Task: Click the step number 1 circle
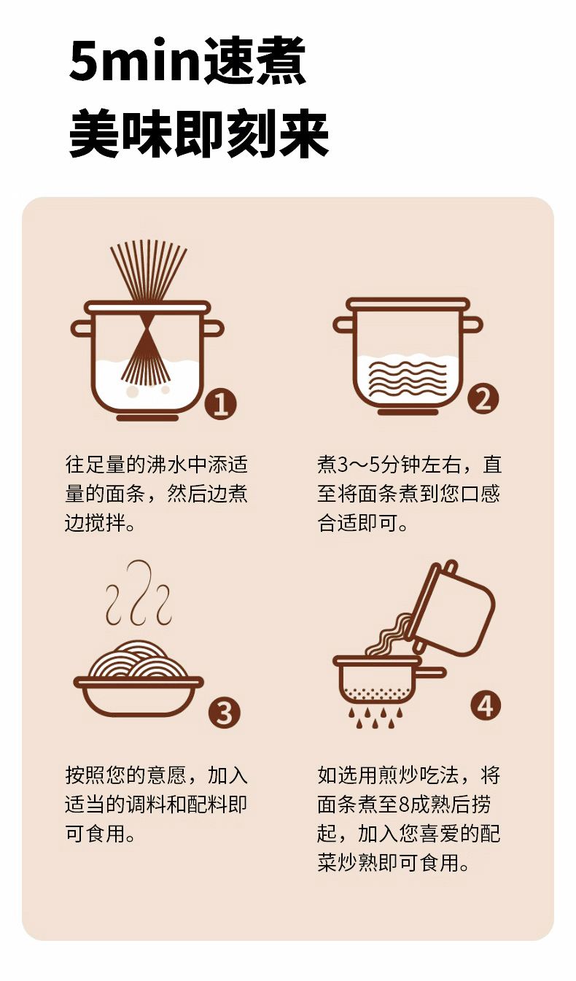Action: pyautogui.click(x=221, y=404)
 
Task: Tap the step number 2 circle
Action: pyautogui.click(x=483, y=398)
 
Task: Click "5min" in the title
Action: pyautogui.click(x=134, y=61)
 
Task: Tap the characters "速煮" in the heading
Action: pyautogui.click(x=254, y=61)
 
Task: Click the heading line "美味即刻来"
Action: pyautogui.click(x=199, y=133)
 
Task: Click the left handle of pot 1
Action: pyautogui.click(x=82, y=329)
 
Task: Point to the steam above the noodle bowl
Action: pyautogui.click(x=139, y=592)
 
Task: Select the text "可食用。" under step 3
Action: pyautogui.click(x=100, y=834)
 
